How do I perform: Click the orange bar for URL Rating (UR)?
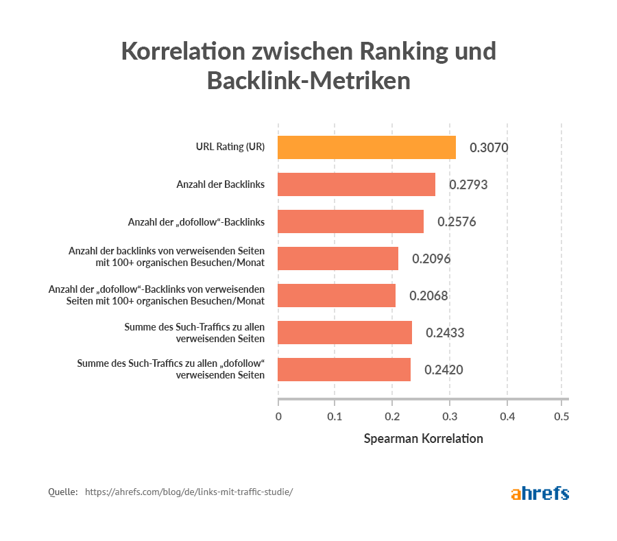[367, 147]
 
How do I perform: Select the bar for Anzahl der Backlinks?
[356, 184]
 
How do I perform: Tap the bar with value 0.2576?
[350, 221]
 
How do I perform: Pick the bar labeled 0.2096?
[338, 259]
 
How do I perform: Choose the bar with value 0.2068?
[337, 296]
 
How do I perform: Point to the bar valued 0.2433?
[345, 333]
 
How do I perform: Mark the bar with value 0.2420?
[344, 370]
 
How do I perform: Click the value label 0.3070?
[488, 147]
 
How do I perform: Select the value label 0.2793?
[468, 184]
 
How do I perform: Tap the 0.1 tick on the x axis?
[335, 416]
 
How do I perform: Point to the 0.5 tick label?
[561, 416]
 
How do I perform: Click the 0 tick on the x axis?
[278, 416]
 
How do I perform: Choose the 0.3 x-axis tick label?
[448, 416]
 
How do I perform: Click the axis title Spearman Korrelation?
[423, 439]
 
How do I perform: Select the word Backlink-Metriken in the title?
[308, 81]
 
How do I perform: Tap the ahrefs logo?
[540, 492]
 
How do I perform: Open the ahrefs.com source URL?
[189, 492]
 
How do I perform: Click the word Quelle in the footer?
[62, 492]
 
